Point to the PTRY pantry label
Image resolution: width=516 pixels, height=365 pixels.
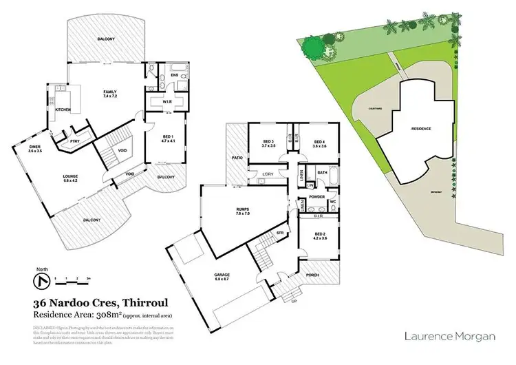[x=74, y=141]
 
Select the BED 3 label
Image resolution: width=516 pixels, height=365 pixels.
[x=268, y=143]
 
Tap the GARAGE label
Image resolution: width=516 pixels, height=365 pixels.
[x=222, y=276]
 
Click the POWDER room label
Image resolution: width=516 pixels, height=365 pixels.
[x=316, y=196]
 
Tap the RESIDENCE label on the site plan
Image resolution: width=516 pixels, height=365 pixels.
[x=421, y=129]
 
